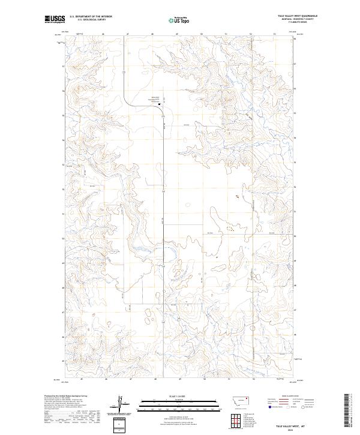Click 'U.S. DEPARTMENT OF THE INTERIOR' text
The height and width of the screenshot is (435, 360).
click(x=91, y=17)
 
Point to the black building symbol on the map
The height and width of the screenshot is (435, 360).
click(x=159, y=103)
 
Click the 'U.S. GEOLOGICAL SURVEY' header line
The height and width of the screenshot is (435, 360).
click(x=91, y=20)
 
